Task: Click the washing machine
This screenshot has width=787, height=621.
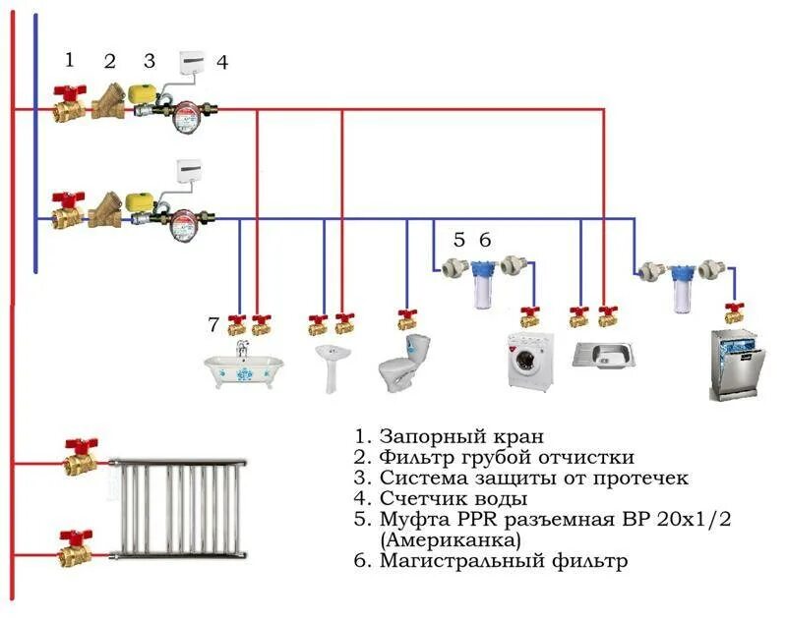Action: point(528,362)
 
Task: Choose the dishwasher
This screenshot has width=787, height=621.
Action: point(736,365)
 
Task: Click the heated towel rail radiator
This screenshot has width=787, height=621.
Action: point(177,507)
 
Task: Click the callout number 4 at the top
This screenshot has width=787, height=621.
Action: point(222,62)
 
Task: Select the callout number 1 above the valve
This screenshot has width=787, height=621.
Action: point(69,59)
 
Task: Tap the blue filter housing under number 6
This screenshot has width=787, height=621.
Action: point(482,283)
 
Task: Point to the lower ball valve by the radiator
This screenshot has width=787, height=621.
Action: point(74,547)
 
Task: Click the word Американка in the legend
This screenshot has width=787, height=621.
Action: point(452,539)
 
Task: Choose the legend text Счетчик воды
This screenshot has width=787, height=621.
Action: point(445,498)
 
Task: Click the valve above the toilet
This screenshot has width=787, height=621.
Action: point(407,319)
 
